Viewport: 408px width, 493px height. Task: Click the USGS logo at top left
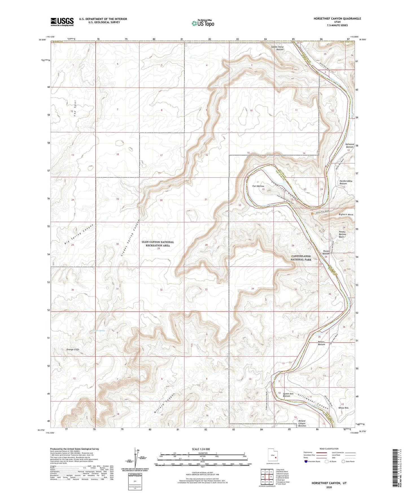click(62, 22)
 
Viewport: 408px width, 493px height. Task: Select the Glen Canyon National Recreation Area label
click(158, 244)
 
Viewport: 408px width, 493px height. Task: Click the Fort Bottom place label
click(258, 186)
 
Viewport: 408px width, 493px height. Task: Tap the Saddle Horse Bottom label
click(278, 48)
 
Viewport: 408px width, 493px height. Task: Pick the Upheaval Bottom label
click(349, 145)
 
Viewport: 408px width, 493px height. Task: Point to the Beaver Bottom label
click(321, 343)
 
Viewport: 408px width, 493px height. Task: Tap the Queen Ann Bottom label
click(288, 395)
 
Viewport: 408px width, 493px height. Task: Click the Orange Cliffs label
click(73, 349)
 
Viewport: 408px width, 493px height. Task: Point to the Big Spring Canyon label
click(75, 234)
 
